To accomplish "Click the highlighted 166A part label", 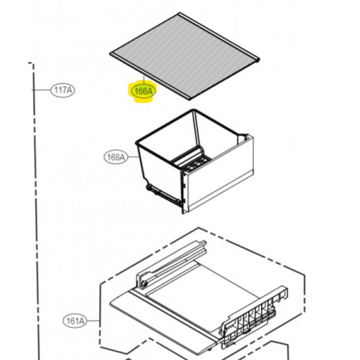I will point(143,91).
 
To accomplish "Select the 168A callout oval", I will point(116,156).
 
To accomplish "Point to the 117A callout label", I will point(62,90).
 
